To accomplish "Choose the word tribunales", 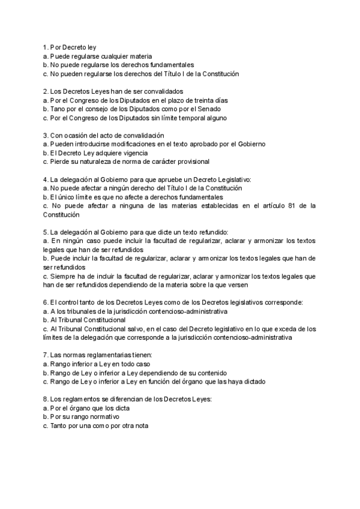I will [x=86, y=312].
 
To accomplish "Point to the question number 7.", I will [x=45, y=355].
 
